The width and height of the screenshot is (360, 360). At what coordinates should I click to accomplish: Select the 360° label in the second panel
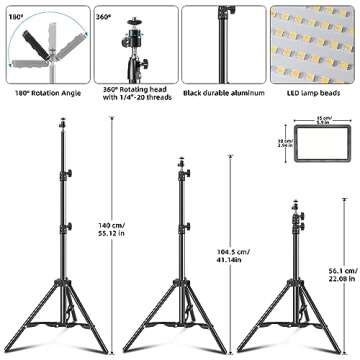pyautogui.click(x=101, y=17)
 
